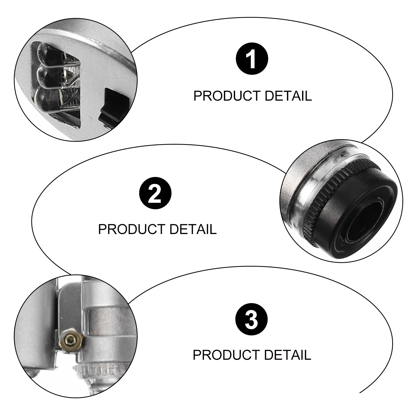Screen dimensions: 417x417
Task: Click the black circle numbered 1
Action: (x=252, y=60)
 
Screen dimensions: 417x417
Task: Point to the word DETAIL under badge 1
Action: (x=288, y=96)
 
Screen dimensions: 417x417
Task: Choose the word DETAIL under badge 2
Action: (x=193, y=229)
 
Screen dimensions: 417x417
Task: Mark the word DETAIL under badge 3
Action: (x=287, y=355)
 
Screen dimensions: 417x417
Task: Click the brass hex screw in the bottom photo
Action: (x=71, y=340)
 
